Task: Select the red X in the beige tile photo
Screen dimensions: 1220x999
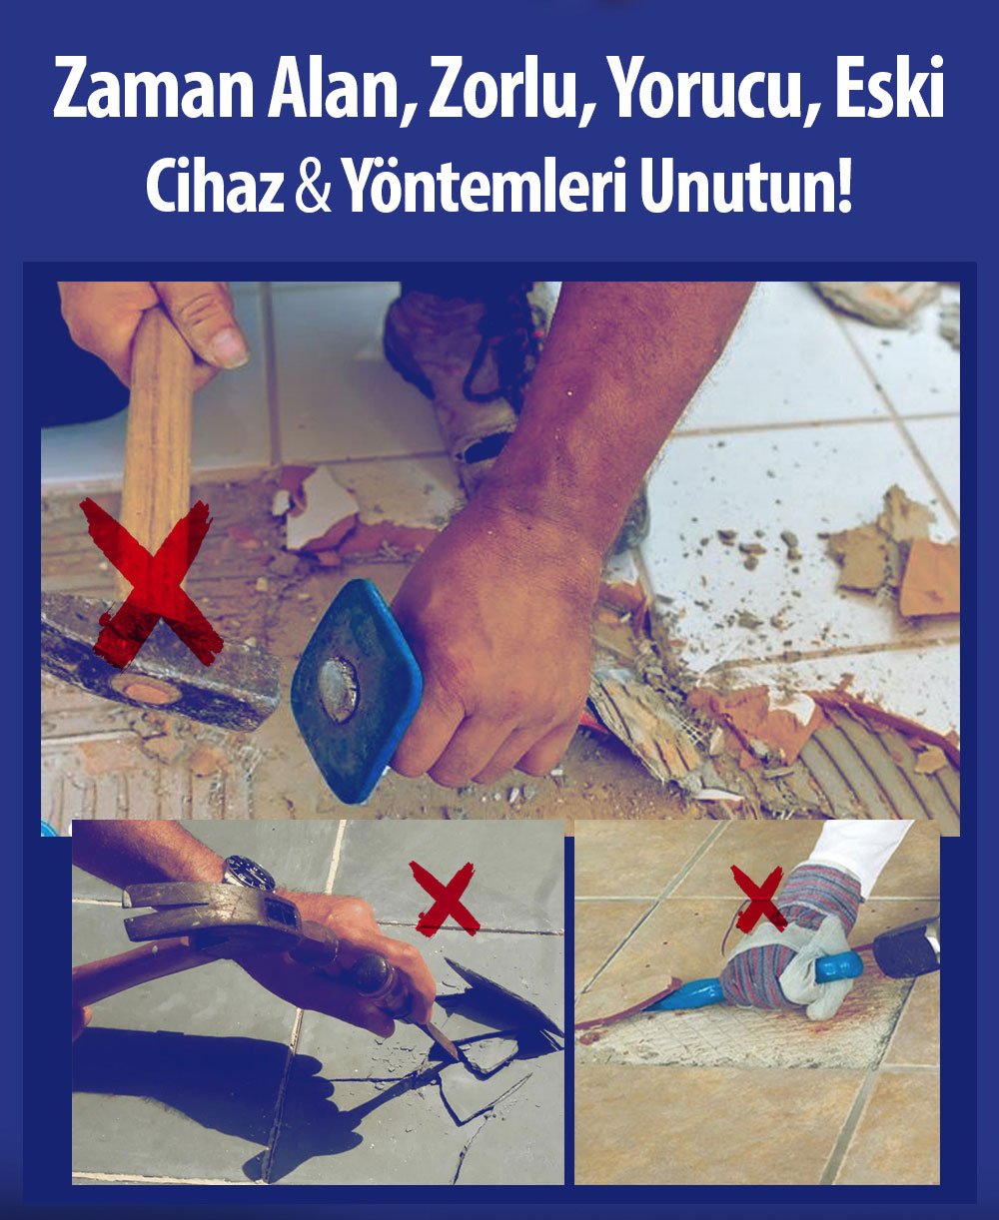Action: [x=759, y=897]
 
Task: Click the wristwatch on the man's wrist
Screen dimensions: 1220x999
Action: [x=249, y=873]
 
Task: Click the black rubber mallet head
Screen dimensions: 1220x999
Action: [x=904, y=948]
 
